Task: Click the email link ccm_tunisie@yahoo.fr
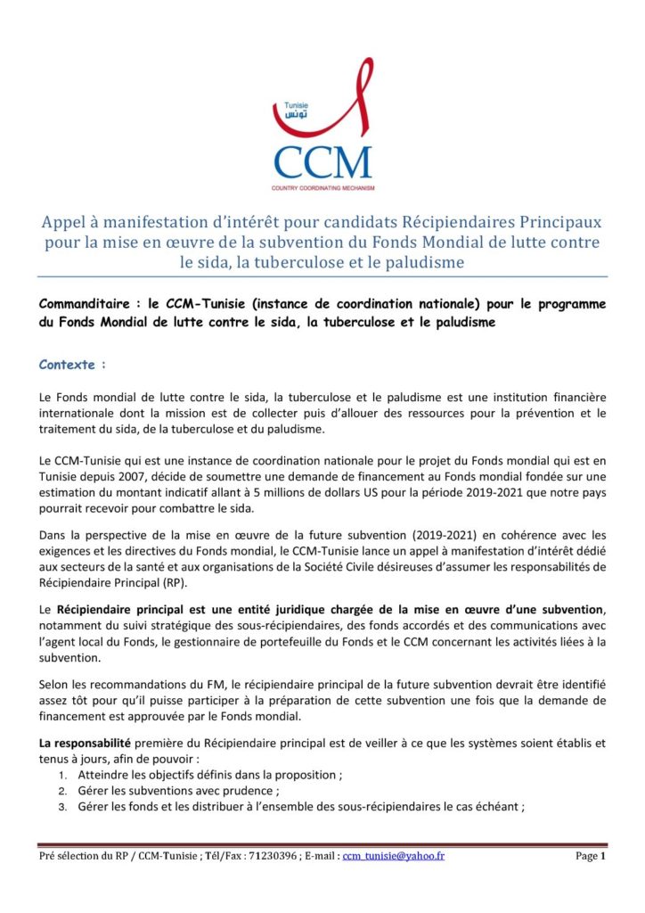(395, 856)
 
